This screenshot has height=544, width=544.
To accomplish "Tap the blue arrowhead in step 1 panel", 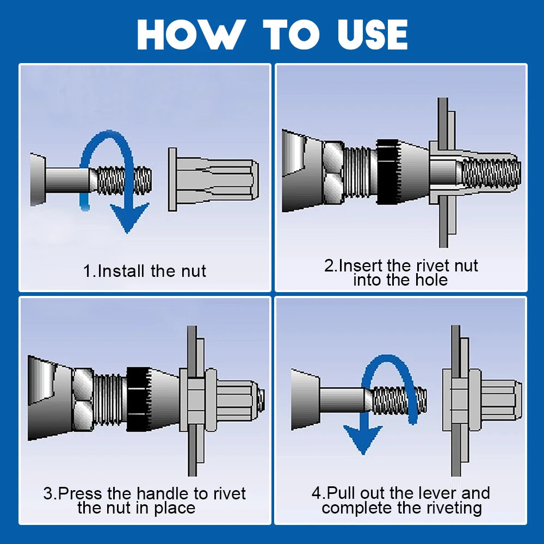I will [127, 217].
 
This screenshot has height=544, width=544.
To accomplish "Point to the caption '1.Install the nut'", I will [145, 271].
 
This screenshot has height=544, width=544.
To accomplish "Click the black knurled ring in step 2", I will [388, 171].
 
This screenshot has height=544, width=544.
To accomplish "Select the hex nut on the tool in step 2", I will [332, 171].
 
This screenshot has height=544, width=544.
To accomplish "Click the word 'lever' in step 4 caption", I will [424, 493].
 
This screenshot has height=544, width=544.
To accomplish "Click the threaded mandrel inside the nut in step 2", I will [490, 171].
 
